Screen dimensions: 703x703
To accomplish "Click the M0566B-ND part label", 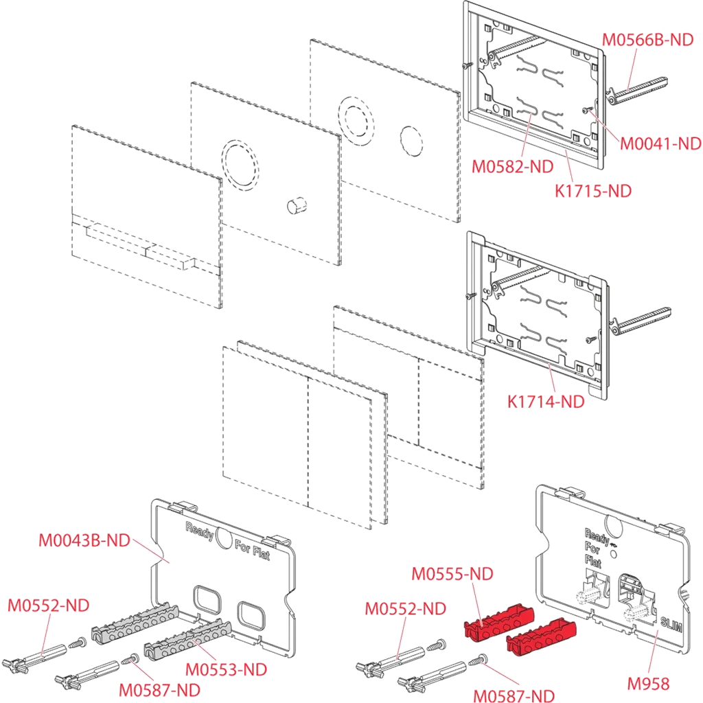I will (647, 40).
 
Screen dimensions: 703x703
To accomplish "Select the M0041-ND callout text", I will (660, 143).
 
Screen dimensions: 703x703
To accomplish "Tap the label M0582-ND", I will (512, 166).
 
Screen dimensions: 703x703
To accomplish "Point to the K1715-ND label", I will (592, 191).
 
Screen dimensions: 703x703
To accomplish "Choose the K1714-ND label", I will (546, 402).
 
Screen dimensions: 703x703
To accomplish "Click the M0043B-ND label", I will (84, 540).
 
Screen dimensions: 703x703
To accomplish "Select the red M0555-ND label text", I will (452, 573).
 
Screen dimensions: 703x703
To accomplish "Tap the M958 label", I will (649, 683).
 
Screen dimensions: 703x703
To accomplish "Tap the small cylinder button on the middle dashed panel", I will (297, 205).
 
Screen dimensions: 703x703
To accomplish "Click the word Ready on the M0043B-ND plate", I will (200, 531).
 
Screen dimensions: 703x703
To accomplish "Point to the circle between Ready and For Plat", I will (224, 537).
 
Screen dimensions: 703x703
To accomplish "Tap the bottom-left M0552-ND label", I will (48, 606).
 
